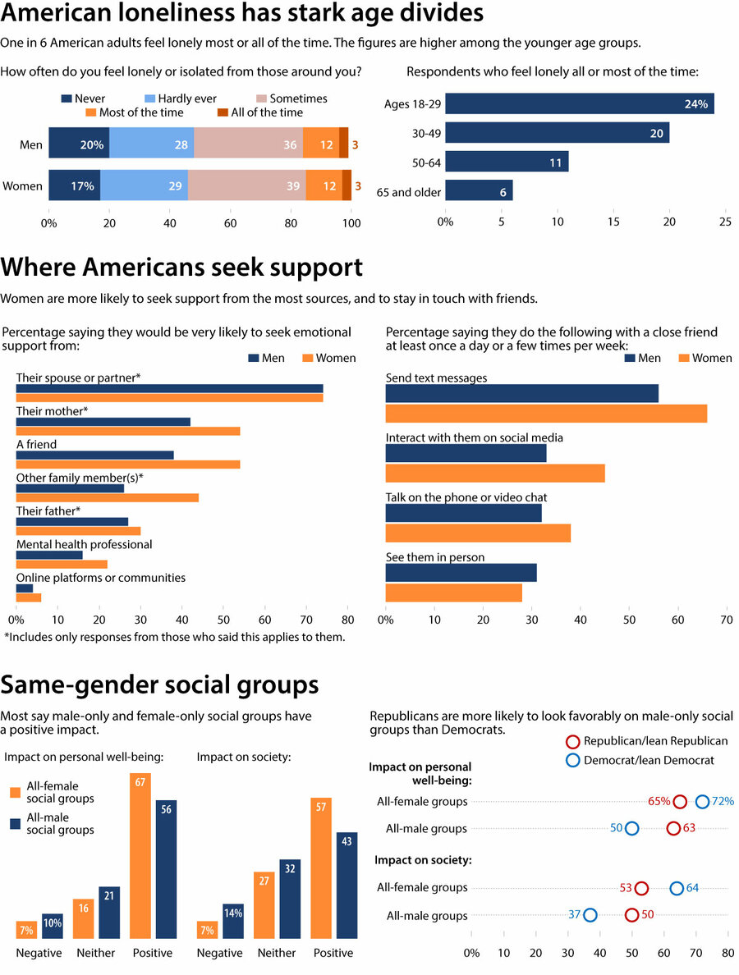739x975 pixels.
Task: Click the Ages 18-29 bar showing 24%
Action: coord(579,103)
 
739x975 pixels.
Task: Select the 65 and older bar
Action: coord(479,190)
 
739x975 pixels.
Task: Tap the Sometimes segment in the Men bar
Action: coord(248,143)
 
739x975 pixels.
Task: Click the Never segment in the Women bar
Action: coord(74,185)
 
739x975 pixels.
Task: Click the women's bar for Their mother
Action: coord(128,431)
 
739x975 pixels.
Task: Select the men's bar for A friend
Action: coord(95,455)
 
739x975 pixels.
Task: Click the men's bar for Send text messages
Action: coord(522,393)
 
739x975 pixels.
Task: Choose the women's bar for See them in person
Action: coord(453,592)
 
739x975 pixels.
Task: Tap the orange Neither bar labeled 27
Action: coord(264,908)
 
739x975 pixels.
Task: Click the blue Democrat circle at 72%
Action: coord(702,802)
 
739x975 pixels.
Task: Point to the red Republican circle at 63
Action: coord(673,828)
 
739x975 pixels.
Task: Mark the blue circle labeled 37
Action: coord(590,915)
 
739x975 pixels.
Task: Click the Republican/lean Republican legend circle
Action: coord(573,741)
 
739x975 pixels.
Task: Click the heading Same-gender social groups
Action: coord(160,685)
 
